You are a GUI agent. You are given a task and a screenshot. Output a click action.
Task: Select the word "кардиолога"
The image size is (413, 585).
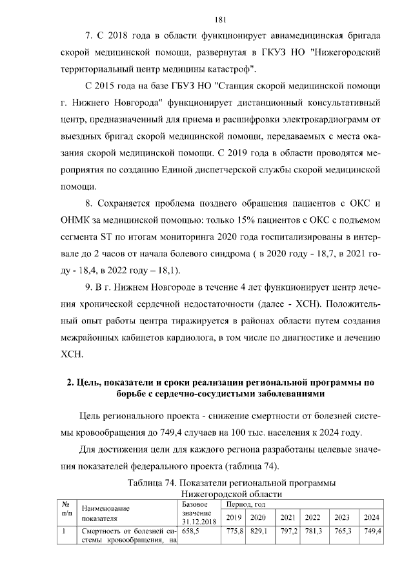click(x=191, y=337)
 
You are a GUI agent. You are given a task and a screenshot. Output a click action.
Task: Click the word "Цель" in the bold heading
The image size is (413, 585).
click(x=88, y=382)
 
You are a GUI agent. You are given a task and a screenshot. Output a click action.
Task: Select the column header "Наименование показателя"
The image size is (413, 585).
click(x=106, y=513)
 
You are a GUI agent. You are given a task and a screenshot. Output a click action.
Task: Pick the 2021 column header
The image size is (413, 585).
click(x=288, y=517)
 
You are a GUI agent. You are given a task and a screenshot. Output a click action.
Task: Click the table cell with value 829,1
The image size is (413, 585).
click(x=259, y=531)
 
